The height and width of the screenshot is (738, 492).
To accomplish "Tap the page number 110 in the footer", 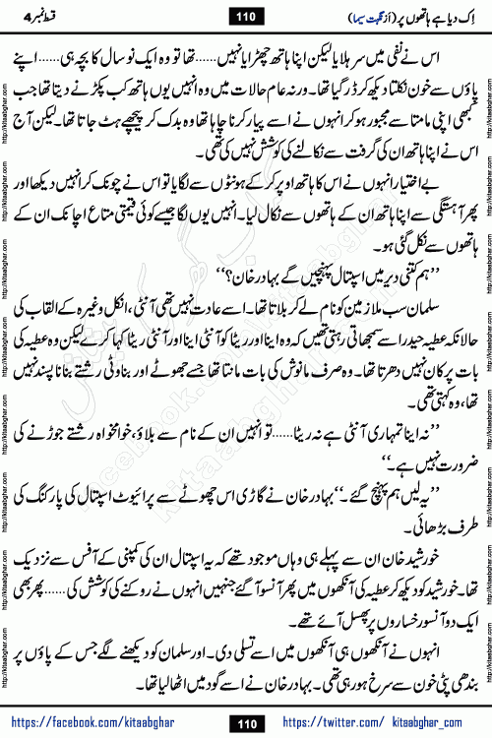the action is pos(246,723).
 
